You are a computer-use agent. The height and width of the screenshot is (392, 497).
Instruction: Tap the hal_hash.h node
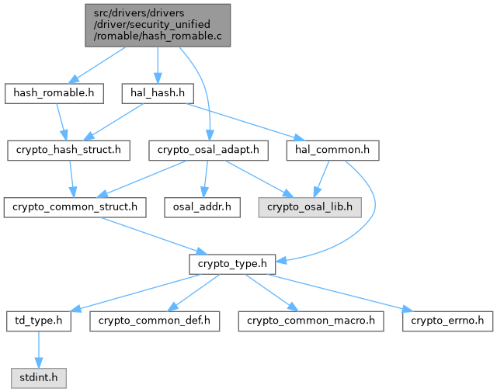[157, 93]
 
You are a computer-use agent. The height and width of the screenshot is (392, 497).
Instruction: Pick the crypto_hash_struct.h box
[68, 150]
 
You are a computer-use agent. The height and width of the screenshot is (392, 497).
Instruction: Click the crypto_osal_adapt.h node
[209, 150]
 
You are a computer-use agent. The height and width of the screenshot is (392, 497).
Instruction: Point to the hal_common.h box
[332, 150]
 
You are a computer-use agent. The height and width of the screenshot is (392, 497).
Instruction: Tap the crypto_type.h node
[228, 264]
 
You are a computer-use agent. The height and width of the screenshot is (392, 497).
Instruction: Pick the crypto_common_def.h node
[155, 321]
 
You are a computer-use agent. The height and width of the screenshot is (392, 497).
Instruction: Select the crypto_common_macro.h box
[311, 321]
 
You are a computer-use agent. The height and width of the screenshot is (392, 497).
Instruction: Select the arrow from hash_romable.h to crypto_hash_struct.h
[61, 121]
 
